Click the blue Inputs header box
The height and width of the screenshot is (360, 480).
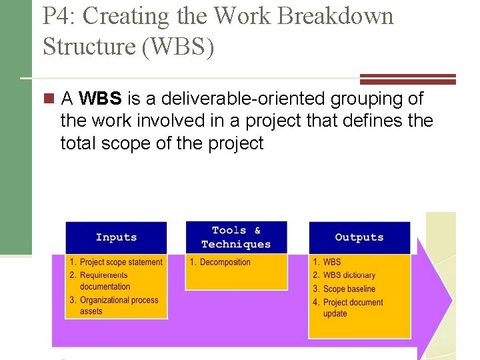116,237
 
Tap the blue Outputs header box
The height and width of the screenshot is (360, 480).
359,237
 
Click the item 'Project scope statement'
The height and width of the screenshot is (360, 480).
121,262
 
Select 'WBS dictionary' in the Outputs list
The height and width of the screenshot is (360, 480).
349,275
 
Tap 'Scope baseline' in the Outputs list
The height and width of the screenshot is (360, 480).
349,289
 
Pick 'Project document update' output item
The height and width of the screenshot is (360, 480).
353,307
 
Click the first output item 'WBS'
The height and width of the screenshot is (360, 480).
331,262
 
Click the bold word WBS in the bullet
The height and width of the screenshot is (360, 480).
100,99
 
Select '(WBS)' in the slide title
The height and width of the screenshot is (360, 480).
181,46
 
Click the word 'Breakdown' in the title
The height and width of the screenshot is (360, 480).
335,16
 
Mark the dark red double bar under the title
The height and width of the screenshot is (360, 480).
407,79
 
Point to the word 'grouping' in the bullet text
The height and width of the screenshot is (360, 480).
365,99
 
